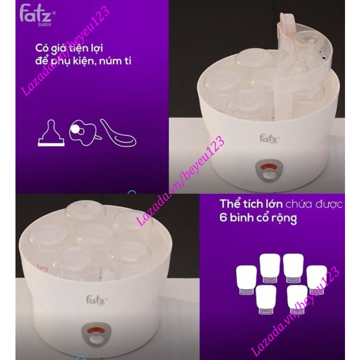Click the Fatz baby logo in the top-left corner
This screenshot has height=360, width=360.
point(36,14)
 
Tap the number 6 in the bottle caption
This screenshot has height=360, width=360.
point(224,219)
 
